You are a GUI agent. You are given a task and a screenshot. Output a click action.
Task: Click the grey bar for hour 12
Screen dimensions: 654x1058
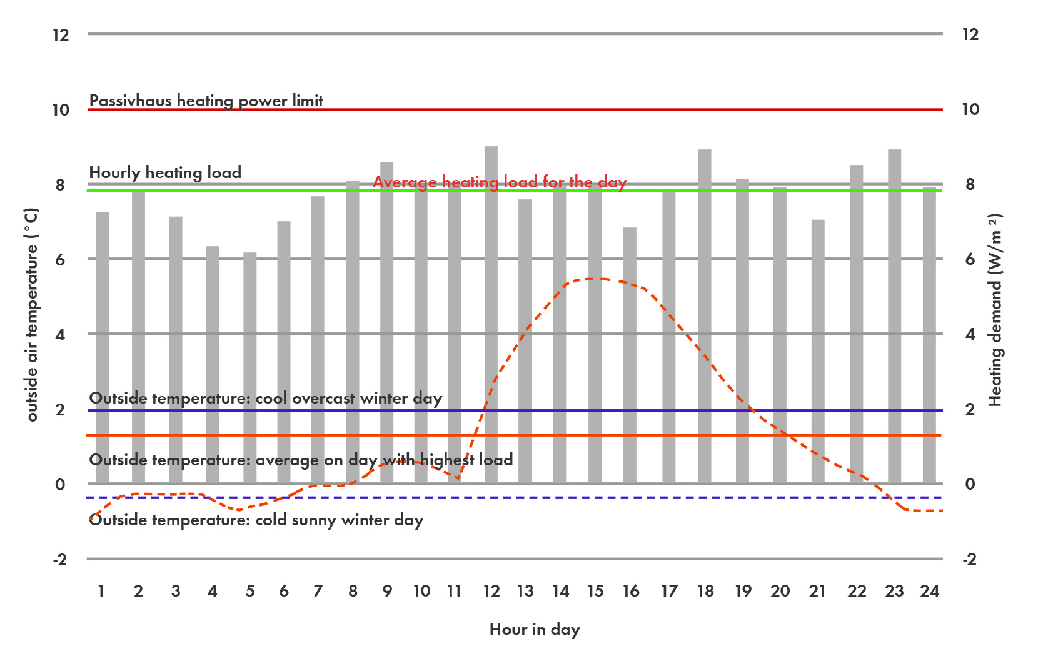point(491,312)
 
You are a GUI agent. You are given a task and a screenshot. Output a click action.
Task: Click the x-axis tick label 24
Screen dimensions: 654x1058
point(929,591)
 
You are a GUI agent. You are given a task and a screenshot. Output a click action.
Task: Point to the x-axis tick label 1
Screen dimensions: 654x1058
point(101,591)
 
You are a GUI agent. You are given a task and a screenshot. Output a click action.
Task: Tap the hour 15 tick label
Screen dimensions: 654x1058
point(595,591)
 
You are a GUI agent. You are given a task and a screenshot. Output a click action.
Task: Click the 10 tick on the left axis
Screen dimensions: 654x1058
point(61,110)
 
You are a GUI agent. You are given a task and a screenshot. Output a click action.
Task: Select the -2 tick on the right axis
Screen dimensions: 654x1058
point(969,559)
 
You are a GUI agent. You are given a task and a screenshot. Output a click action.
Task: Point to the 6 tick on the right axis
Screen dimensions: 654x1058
point(970,259)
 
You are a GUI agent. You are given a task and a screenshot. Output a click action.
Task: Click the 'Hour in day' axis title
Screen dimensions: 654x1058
point(535,629)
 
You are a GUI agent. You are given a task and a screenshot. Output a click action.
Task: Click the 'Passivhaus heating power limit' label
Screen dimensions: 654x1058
point(206,101)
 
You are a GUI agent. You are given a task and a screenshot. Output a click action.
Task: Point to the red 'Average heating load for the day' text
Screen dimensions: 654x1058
point(499,182)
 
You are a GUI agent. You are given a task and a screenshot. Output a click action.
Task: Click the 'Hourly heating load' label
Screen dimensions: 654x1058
point(165,172)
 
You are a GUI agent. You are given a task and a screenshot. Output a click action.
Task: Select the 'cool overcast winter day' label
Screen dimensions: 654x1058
point(265,398)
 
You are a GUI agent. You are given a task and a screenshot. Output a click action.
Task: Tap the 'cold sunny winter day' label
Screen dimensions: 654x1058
point(256,520)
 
